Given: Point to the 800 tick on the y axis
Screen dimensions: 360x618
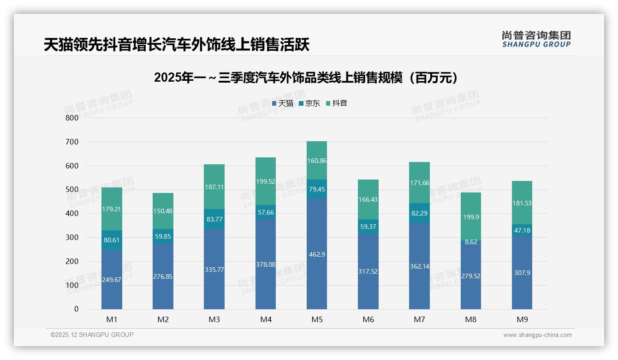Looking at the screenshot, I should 72,118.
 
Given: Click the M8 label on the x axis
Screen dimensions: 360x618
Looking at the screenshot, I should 470,319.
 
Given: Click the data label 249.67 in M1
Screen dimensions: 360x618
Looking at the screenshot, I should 112,280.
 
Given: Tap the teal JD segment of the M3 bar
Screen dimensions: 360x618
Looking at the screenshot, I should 214,219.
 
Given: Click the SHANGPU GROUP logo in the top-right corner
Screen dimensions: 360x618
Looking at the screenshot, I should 536,39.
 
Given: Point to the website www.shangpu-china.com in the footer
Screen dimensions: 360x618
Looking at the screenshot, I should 537,335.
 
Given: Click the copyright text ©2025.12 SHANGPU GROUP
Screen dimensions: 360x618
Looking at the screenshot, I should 92,335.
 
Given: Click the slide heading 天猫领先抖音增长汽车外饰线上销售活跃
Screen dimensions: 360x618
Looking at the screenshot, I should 177,45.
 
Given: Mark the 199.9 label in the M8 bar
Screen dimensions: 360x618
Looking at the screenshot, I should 470,216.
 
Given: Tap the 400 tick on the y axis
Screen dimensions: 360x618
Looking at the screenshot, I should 72,214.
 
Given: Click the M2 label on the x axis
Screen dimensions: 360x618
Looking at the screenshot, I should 163,319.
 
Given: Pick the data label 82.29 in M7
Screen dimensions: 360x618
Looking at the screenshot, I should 419,214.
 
